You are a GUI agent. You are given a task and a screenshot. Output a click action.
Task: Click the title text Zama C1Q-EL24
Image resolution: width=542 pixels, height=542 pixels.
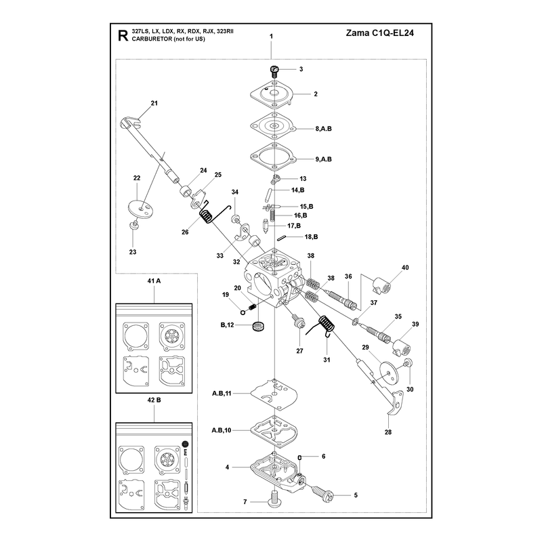click(x=379, y=33)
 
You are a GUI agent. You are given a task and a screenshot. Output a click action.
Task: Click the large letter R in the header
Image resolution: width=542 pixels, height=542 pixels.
click(x=123, y=36)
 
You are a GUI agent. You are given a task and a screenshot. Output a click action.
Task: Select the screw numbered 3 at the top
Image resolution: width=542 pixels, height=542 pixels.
click(x=274, y=72)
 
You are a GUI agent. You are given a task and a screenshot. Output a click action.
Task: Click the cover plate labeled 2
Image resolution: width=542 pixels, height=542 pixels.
click(x=272, y=94)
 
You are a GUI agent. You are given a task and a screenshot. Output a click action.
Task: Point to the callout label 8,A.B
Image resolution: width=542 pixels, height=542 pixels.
click(x=323, y=129)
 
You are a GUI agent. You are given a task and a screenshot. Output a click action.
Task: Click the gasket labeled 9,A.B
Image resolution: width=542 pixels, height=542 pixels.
click(x=274, y=157)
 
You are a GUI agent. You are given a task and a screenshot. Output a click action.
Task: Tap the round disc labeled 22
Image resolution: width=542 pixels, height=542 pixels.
click(x=141, y=209)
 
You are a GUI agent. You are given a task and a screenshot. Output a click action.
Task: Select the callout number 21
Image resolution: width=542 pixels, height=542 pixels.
click(x=154, y=103)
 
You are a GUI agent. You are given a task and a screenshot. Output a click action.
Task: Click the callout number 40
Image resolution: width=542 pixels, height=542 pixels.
click(x=405, y=268)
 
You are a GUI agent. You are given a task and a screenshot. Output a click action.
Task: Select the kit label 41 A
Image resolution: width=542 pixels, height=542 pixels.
click(x=154, y=281)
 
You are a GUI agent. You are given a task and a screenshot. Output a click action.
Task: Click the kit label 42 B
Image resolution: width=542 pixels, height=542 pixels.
click(x=154, y=400)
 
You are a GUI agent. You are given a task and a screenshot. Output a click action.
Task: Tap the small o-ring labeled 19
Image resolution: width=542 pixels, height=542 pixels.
click(x=243, y=312)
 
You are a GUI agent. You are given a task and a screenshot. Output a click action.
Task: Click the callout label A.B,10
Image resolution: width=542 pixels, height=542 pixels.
click(x=222, y=430)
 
